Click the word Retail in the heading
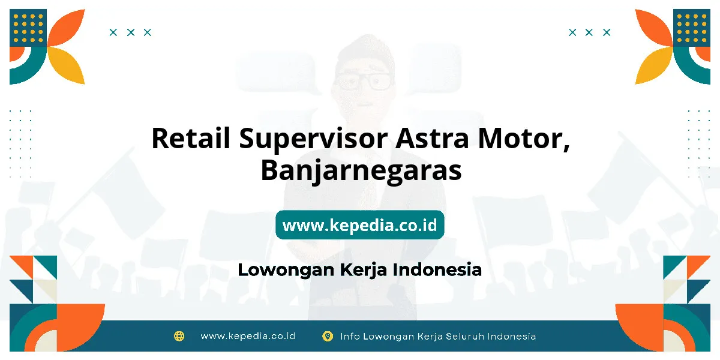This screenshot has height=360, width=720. click(x=191, y=138)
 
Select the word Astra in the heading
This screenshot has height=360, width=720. click(x=432, y=138)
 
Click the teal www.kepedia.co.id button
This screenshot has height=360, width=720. click(x=359, y=224)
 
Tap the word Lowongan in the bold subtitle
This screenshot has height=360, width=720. click(x=286, y=270)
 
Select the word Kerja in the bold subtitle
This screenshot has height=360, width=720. click(x=363, y=270)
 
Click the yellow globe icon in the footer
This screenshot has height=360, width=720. click(x=179, y=336)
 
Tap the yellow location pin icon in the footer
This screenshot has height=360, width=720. click(x=327, y=336)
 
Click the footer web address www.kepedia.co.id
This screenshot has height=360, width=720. click(x=248, y=336)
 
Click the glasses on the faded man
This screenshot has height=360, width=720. click(x=364, y=80)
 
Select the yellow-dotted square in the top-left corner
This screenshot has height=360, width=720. click(x=28, y=28)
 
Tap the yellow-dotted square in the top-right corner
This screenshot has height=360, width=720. click(x=692, y=28)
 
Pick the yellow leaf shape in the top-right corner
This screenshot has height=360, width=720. click(x=654, y=65)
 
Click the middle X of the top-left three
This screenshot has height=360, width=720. click(x=131, y=32)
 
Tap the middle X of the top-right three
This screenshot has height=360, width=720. click(x=589, y=32)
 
